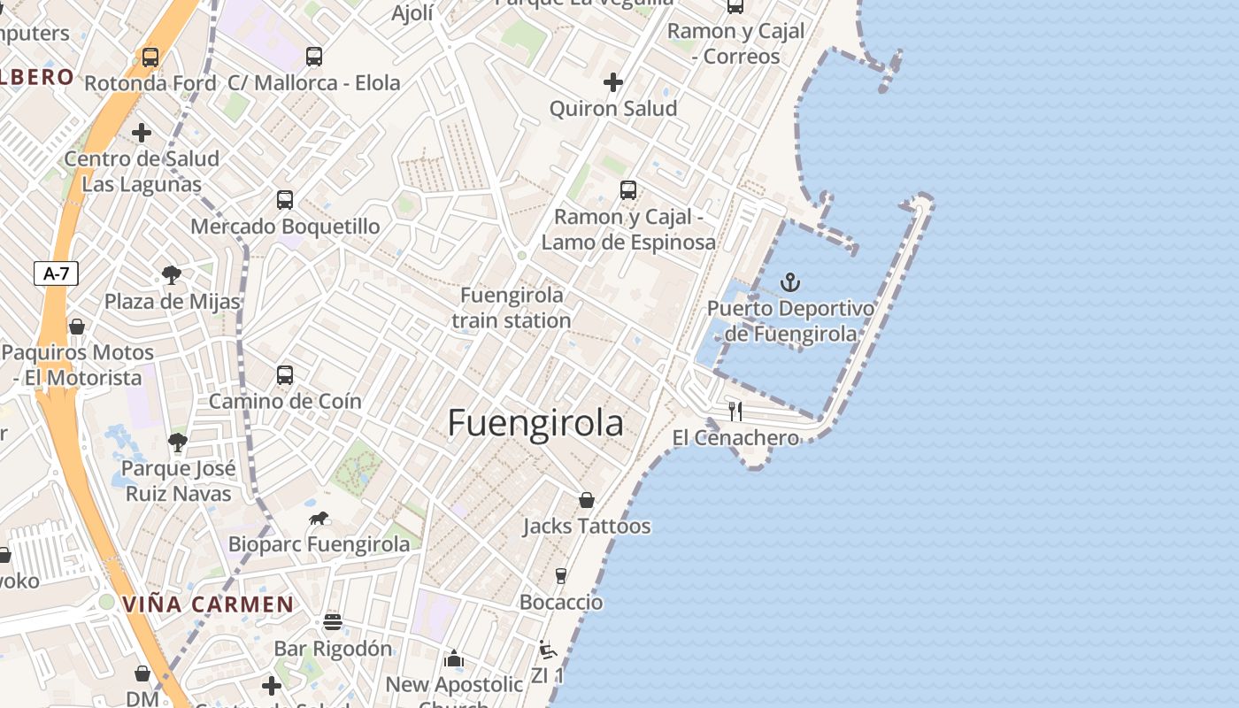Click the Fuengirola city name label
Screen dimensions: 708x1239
pyautogui.click(x=535, y=423)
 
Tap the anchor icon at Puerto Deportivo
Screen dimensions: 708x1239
pyautogui.click(x=789, y=282)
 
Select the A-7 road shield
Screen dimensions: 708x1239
pyautogui.click(x=56, y=273)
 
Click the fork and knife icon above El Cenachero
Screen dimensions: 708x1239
pyautogui.click(x=735, y=411)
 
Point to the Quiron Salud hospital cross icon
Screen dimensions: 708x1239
pyautogui.click(x=612, y=82)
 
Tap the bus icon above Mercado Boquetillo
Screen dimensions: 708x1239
pyautogui.click(x=284, y=199)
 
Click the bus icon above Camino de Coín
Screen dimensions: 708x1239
pyautogui.click(x=284, y=374)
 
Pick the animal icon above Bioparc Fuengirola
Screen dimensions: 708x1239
pyautogui.click(x=319, y=518)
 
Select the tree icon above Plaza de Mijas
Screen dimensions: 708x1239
pyautogui.click(x=172, y=275)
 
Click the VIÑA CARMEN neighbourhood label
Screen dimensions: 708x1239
pyautogui.click(x=208, y=604)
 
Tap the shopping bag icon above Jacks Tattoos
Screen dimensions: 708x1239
pyautogui.click(x=586, y=500)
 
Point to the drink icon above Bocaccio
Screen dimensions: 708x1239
pyautogui.click(x=560, y=576)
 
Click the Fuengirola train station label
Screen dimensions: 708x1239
pyautogui.click(x=512, y=307)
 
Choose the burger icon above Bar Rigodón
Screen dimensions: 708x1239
pyautogui.click(x=333, y=621)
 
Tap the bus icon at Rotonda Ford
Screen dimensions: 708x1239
pyautogui.click(x=150, y=58)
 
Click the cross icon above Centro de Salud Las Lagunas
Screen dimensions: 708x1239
pyautogui.click(x=141, y=133)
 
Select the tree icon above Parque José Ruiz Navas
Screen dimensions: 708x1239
pyautogui.click(x=178, y=442)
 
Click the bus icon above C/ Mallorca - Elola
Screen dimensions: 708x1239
pyautogui.click(x=314, y=57)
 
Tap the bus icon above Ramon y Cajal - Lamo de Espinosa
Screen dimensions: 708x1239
pyautogui.click(x=627, y=189)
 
